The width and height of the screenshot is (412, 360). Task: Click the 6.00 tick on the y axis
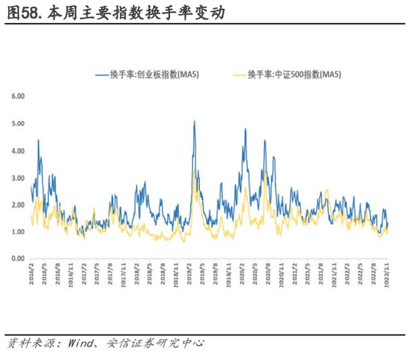tap(18, 97)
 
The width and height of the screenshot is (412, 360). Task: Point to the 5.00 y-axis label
tap(18, 123)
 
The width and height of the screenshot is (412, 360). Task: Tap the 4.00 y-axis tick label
tap(18, 150)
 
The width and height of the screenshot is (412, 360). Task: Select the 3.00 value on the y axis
tap(18, 177)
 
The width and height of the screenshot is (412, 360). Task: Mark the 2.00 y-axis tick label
tap(18, 204)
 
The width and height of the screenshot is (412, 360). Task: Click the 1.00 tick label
tap(18, 231)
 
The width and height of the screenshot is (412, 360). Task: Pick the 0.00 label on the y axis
tap(18, 258)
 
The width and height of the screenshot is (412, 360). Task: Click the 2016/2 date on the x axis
tap(31, 275)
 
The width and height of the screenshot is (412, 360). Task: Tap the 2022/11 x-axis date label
tap(387, 275)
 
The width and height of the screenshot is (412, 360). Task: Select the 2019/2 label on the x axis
tap(190, 275)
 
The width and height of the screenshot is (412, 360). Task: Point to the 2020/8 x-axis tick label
tap(269, 275)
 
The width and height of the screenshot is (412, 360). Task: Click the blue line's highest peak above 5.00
tap(195, 120)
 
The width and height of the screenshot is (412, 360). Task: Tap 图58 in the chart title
tap(22, 13)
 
